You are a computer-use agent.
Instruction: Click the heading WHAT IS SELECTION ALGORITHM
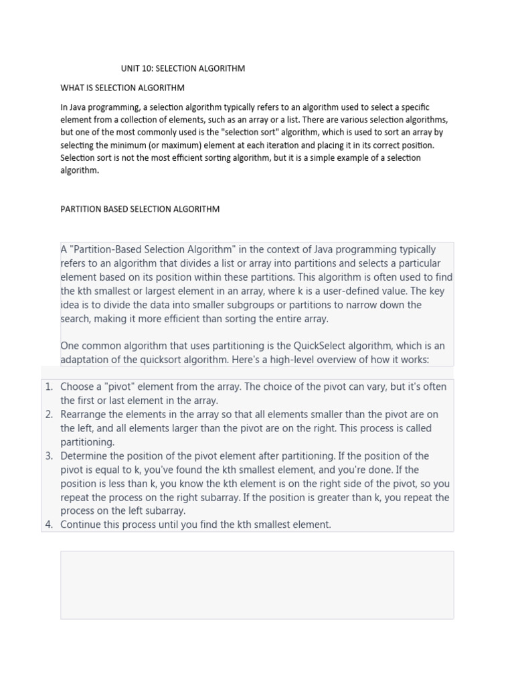tap(122, 88)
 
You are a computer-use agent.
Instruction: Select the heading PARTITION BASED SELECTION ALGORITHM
tap(140, 209)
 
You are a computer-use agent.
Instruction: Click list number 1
tap(49, 387)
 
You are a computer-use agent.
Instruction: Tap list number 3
tap(49, 456)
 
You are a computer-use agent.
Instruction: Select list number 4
tap(49, 525)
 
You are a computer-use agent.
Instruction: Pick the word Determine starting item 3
tap(85, 456)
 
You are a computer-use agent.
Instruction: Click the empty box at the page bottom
tap(257, 585)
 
